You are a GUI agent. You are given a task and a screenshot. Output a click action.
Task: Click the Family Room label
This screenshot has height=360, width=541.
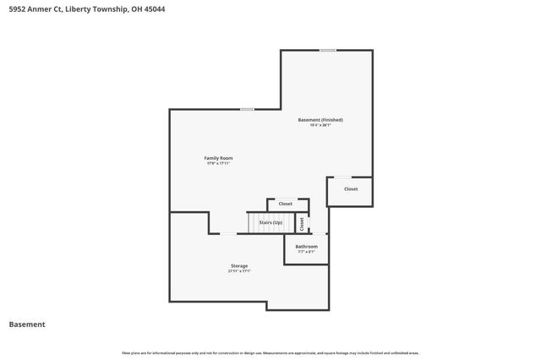pos(218,158)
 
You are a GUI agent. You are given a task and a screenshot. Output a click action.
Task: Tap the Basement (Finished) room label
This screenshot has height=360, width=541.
pos(320,120)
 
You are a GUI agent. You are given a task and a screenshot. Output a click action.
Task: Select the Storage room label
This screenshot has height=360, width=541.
pos(239,266)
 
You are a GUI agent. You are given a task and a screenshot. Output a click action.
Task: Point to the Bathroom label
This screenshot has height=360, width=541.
pos(306,246)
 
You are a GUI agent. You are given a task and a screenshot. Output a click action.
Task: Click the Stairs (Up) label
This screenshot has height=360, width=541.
pos(270,222)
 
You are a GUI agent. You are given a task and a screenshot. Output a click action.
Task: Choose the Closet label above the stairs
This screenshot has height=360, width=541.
pos(286,204)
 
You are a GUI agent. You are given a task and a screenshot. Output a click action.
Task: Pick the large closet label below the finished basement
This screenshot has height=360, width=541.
pos(350,189)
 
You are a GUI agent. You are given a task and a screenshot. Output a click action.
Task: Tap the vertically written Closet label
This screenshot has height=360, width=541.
pos(302,223)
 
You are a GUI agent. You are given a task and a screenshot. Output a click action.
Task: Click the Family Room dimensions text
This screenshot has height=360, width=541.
pos(218,164)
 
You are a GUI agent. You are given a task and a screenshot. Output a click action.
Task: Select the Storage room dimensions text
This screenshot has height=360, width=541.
pos(239,271)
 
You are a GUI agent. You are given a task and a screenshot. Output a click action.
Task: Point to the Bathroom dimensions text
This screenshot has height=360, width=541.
pos(306,252)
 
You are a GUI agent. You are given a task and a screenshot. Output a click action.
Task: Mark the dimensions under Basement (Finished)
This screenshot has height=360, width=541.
pos(320,126)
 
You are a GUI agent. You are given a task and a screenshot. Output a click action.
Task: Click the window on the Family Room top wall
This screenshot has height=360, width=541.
pos(247,109)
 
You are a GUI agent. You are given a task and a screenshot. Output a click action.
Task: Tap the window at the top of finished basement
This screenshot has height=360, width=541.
pos(327,50)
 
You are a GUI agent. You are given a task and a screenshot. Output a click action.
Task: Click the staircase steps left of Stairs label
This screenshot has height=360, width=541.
pos(254,222)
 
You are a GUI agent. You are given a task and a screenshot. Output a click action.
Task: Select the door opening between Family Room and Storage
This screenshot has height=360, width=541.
pos(228,233)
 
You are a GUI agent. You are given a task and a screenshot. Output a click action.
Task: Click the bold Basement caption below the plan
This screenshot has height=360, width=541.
pos(27,325)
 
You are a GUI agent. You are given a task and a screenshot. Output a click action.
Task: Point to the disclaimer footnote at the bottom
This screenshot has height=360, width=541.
pos(270,352)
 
